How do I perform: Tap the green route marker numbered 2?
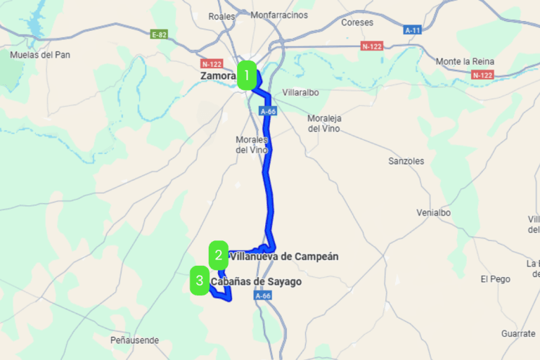(219, 255)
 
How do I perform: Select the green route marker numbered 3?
(200, 282)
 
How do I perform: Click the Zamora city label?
(217, 75)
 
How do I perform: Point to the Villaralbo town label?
(300, 92)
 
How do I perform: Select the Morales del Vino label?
(252, 144)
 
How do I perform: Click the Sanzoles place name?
(406, 161)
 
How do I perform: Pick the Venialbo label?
(433, 212)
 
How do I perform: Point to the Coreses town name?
(357, 22)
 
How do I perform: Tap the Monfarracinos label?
(279, 15)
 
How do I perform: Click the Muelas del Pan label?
(40, 55)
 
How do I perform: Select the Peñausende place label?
(135, 340)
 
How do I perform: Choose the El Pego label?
(495, 279)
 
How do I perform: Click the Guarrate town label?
(518, 333)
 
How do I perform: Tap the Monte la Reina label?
(466, 61)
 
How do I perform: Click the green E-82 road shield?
(159, 33)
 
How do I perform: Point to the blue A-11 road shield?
(413, 30)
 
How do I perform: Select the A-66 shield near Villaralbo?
(267, 111)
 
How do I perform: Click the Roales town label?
(221, 15)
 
